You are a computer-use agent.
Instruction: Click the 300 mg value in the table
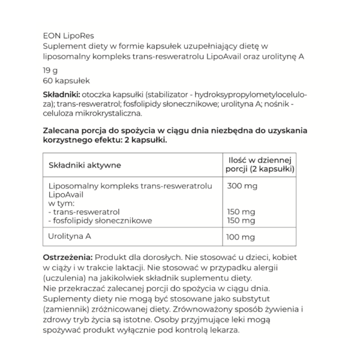pos(242,187)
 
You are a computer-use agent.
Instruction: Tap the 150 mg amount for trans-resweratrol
pos(242,212)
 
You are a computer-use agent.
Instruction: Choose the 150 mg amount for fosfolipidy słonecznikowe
pos(242,220)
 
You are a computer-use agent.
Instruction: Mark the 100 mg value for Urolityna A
pos(242,237)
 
